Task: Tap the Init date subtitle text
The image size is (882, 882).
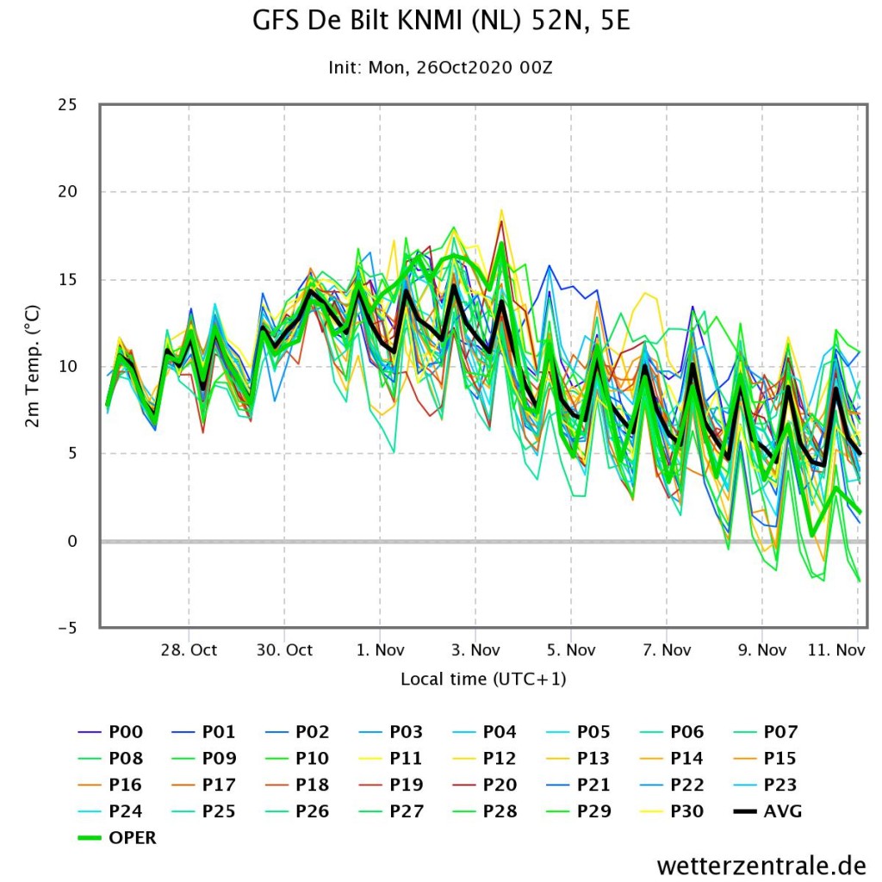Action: pos(440,68)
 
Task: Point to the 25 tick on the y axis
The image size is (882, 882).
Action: pos(67,104)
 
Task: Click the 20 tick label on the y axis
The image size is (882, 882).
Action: pos(67,192)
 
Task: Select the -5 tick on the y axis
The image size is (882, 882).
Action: pos(67,628)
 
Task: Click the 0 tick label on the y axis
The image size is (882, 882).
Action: pos(72,541)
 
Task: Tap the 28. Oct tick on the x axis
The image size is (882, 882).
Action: pos(189,650)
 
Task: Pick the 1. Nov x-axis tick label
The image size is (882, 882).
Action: pos(380,650)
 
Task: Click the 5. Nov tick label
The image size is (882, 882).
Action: pos(571,650)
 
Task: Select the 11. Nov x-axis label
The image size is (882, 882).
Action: pos(836,650)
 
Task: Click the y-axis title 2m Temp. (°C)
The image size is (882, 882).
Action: pos(33,366)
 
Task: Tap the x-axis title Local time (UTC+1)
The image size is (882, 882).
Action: pos(483,679)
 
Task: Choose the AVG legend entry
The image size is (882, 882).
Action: pos(767,811)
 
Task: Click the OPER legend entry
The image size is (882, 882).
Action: pos(117,837)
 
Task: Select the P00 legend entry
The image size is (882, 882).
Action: pos(110,732)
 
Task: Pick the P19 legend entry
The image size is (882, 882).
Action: pos(391,785)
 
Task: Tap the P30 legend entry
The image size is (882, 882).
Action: pos(672,811)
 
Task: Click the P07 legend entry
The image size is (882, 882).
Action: pos(766,732)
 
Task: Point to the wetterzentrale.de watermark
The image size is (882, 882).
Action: pos(761,865)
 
